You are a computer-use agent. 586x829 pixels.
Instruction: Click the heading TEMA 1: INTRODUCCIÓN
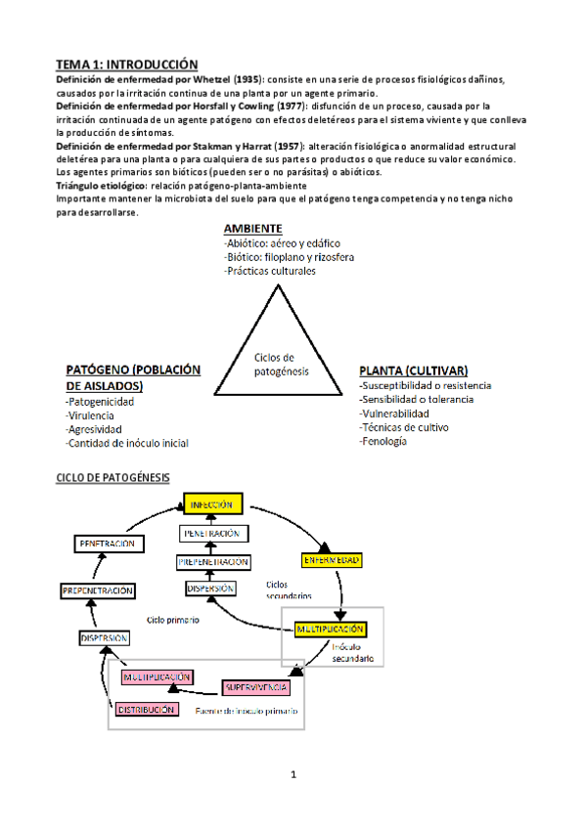tap(126, 63)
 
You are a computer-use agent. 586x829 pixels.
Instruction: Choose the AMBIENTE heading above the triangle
tap(253, 229)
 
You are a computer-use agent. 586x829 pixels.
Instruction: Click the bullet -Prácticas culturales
tap(270, 271)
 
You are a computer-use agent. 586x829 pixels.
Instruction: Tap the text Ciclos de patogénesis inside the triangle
tap(281, 365)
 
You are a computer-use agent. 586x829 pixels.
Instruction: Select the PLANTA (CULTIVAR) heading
tap(413, 371)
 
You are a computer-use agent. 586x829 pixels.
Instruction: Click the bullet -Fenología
tap(383, 441)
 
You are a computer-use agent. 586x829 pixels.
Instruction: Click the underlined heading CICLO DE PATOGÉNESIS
tap(113, 477)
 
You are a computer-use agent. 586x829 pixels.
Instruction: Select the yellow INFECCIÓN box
tap(212, 504)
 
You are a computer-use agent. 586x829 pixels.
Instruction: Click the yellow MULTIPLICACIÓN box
tap(333, 629)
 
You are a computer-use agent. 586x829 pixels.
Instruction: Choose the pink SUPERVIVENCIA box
tap(255, 688)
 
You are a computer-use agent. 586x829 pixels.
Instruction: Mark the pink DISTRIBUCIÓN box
tap(147, 710)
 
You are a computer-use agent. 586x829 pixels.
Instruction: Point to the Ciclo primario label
tap(173, 620)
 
